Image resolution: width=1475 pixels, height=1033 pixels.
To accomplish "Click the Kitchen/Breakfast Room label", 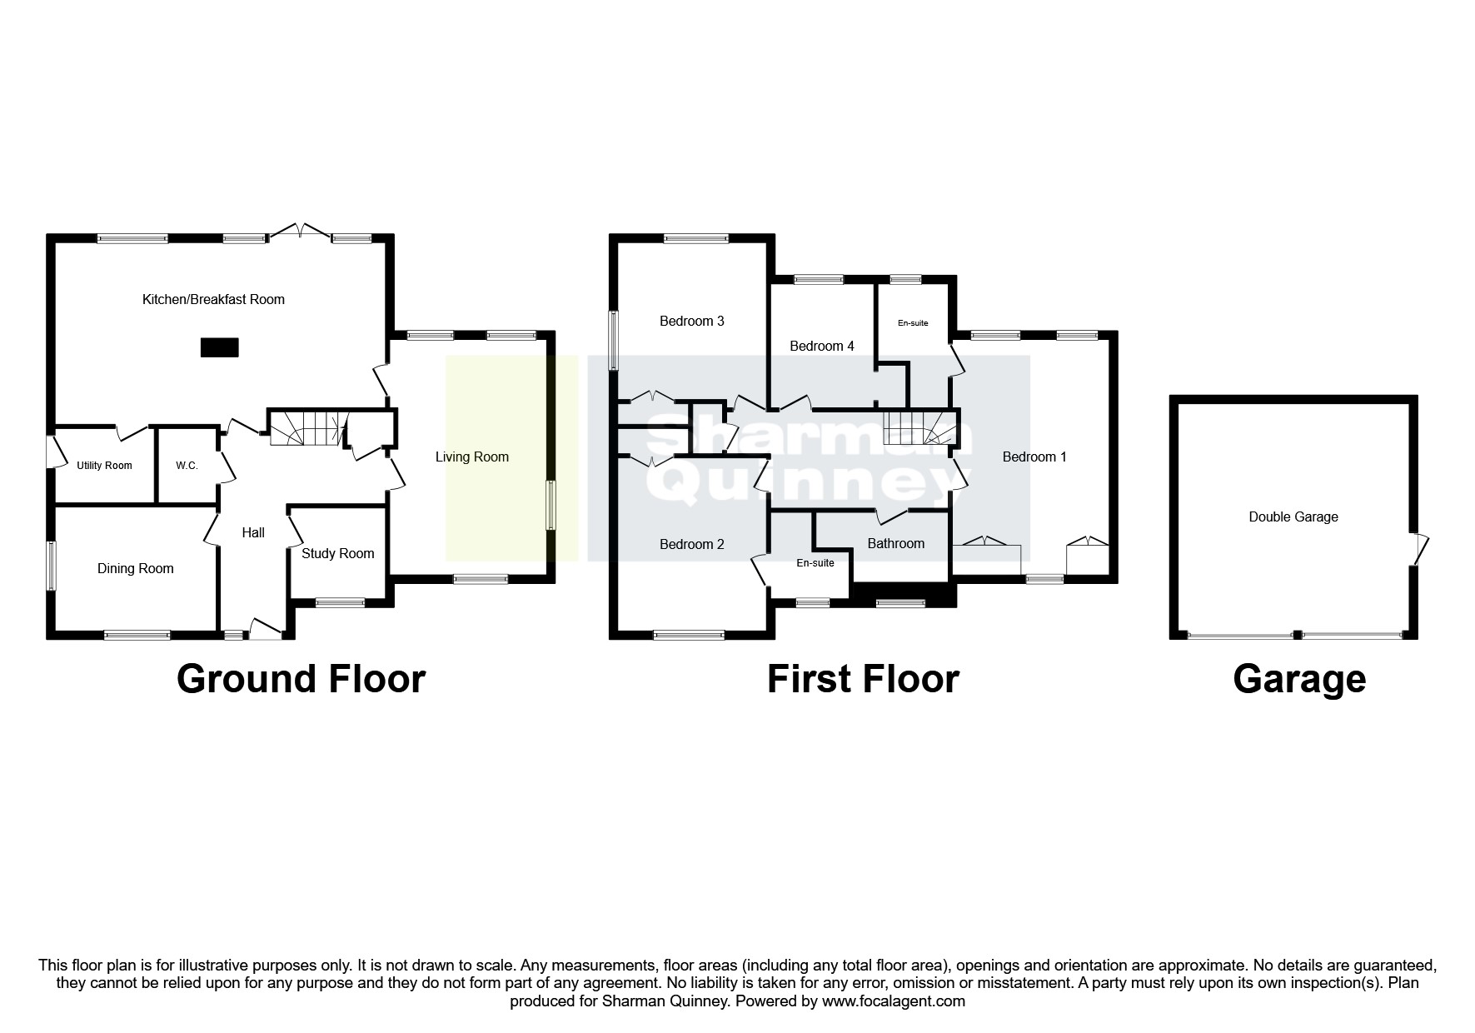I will click(213, 299).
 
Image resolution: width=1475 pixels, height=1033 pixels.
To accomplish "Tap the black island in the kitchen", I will click(219, 347).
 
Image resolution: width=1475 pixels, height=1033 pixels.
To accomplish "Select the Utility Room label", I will click(104, 466).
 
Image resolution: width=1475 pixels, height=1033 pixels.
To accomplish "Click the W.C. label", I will click(187, 466).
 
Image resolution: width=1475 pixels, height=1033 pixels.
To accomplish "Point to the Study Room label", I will click(337, 553).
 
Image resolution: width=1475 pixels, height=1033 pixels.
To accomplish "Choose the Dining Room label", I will click(135, 568).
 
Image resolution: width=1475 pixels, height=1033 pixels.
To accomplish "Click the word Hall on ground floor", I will click(253, 532).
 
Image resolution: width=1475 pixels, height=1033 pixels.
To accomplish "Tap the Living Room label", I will click(471, 457).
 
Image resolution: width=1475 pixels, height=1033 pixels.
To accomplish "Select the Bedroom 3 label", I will click(691, 321).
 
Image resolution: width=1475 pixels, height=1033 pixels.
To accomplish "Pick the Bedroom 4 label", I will click(821, 346).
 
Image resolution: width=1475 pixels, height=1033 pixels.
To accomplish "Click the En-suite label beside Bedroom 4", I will click(912, 323).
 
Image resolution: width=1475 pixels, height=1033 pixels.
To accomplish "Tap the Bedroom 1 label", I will click(1034, 457).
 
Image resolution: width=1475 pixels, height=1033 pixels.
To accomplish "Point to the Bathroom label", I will click(895, 543).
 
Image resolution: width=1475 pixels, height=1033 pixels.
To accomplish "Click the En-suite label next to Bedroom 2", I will click(815, 563).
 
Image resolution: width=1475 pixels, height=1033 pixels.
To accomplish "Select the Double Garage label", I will click(1293, 516).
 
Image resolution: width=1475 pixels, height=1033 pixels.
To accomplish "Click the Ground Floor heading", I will click(301, 679).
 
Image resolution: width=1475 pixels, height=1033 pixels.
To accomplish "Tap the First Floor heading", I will click(862, 679).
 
